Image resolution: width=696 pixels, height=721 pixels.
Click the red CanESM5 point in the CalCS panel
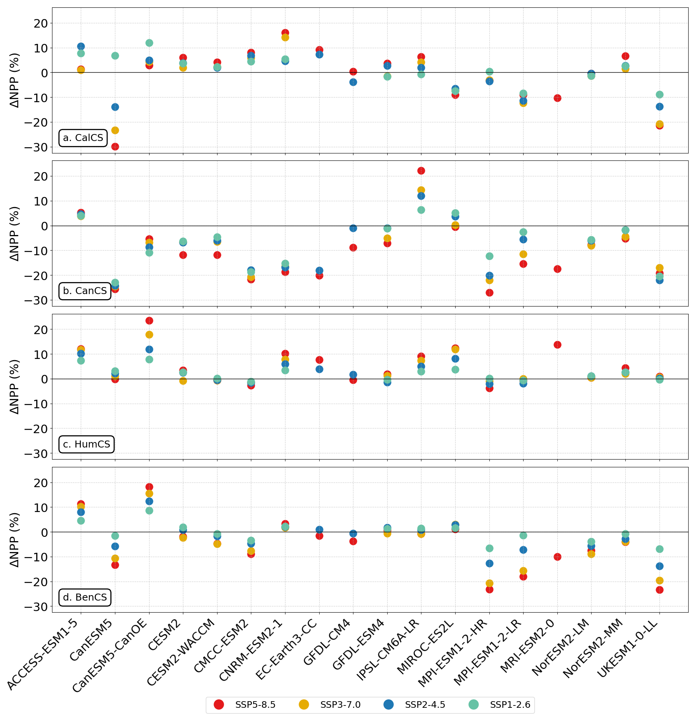click(x=115, y=146)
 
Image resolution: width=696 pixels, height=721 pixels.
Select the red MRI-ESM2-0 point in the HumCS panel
click(x=557, y=345)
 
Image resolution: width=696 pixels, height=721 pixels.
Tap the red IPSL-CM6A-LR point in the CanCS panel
click(x=421, y=171)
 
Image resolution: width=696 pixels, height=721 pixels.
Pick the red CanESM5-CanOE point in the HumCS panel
click(x=149, y=320)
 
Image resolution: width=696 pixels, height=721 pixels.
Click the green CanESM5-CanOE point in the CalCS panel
click(x=149, y=43)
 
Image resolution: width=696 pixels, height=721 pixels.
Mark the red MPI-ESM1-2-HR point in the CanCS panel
click(x=489, y=293)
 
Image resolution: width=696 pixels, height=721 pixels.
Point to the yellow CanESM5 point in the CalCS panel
click(x=115, y=130)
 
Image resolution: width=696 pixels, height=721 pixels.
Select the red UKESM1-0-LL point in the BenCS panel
click(x=659, y=590)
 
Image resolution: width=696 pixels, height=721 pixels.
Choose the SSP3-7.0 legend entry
click(x=330, y=704)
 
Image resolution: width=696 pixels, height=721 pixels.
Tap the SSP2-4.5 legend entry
click(x=414, y=704)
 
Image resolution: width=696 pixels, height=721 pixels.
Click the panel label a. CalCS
click(x=83, y=138)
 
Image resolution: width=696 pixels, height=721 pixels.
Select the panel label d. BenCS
click(x=85, y=597)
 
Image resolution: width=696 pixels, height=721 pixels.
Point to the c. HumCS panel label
click(x=87, y=444)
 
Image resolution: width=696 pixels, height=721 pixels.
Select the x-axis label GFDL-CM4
click(x=328, y=641)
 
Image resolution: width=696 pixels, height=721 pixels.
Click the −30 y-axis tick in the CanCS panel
click(x=36, y=300)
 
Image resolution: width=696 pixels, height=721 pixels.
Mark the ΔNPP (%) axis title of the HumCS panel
click(x=14, y=387)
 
